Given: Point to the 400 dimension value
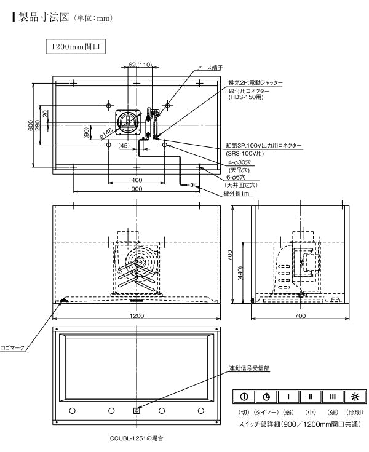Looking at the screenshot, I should point(137,180).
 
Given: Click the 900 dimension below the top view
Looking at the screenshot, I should point(137,189).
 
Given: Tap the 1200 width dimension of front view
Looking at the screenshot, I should point(137,315).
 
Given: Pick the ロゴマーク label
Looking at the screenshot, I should point(12,347).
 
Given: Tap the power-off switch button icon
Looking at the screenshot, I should point(244,396).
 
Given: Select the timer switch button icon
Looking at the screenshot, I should point(266,396).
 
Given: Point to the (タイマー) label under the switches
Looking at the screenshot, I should point(266,411).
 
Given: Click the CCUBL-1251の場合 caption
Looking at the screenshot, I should point(136,439).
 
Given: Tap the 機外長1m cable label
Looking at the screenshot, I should point(236,194).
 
